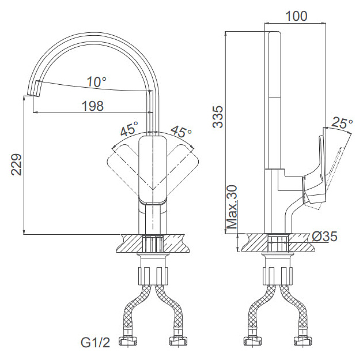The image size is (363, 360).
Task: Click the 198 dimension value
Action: (x=93, y=106)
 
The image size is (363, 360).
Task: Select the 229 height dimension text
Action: (x=17, y=164)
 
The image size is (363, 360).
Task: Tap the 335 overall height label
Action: (x=218, y=117)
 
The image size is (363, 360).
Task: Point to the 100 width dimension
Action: (x=296, y=16)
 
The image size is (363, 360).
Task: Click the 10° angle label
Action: (x=97, y=82)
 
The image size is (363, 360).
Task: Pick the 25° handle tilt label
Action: (x=342, y=122)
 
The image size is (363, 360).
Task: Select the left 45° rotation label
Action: (x=130, y=128)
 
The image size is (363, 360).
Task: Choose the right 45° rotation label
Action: (x=181, y=132)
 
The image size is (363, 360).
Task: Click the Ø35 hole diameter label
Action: (x=324, y=237)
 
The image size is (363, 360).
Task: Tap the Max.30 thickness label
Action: (x=232, y=207)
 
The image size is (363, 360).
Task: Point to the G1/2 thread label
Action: (x=95, y=342)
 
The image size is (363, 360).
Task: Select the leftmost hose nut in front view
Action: (x=127, y=341)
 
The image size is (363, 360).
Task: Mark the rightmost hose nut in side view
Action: (x=303, y=341)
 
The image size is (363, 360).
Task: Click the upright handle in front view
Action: (x=153, y=170)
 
